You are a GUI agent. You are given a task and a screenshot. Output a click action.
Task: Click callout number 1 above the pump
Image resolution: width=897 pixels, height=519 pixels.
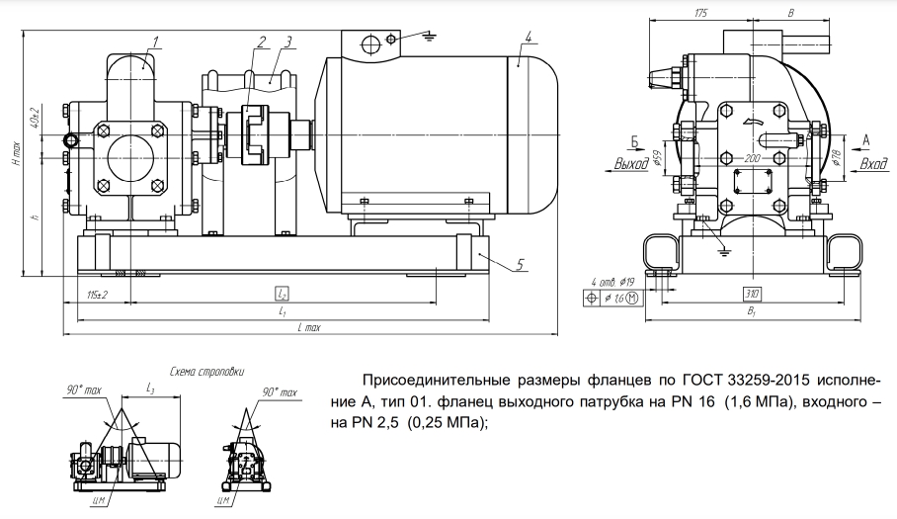(156, 41)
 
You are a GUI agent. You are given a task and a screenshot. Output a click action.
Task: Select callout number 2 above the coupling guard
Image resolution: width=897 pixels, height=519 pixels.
(261, 41)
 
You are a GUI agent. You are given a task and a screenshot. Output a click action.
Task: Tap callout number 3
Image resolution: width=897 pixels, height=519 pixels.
(286, 41)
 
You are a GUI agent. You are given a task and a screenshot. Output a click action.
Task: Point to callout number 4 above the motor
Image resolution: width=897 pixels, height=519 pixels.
(530, 37)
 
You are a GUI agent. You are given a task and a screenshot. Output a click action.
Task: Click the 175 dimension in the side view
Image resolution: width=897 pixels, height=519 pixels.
(701, 14)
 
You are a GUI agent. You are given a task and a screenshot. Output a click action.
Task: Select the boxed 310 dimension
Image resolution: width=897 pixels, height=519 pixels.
(752, 294)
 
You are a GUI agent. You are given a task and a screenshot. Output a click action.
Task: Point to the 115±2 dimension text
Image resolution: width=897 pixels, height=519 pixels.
(96, 294)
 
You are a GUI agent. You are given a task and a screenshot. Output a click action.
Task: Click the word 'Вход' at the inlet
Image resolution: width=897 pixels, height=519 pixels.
(873, 163)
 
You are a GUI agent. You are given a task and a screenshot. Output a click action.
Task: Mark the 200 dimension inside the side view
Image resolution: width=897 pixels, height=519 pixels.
(752, 157)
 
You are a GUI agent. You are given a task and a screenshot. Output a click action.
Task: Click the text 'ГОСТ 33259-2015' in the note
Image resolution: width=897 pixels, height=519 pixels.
(724, 381)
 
